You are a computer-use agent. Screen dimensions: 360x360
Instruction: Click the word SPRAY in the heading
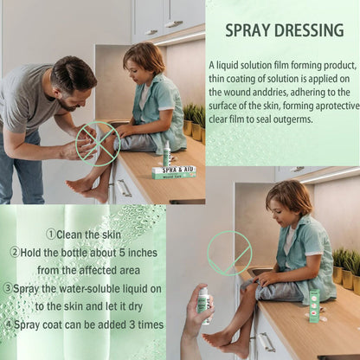click(247, 30)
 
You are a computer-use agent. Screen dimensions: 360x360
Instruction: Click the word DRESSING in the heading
click(310, 30)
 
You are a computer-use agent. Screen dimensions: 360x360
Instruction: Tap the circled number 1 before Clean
click(51, 234)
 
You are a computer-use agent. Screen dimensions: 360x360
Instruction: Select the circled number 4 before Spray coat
click(9, 325)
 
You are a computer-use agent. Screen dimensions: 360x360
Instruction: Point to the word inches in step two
click(143, 253)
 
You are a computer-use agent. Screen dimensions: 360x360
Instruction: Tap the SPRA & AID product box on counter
click(174, 172)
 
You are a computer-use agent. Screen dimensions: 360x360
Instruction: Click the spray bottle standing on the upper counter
click(166, 153)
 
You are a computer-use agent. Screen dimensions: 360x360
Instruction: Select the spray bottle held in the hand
click(205, 305)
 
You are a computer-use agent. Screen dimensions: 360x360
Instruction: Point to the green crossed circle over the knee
click(98, 144)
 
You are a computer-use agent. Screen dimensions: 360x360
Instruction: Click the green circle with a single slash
click(229, 253)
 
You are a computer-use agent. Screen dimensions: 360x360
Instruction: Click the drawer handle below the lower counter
click(266, 342)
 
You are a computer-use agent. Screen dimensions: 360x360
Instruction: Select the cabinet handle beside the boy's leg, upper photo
click(125, 188)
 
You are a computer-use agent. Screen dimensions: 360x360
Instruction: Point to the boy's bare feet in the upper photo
click(87, 190)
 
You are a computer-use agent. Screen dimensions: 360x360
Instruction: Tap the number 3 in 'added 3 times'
click(132, 325)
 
